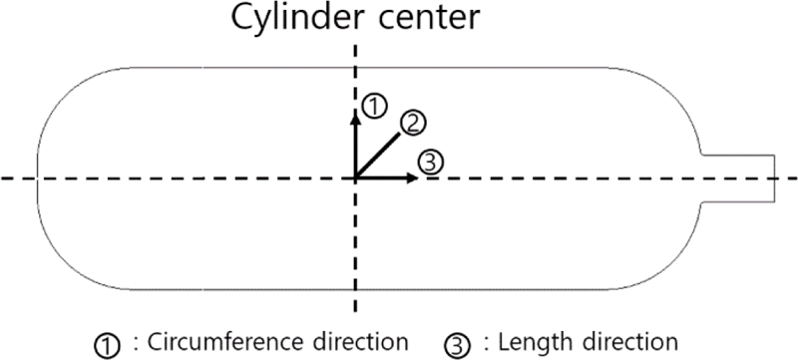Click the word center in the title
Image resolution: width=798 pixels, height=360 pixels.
point(404,18)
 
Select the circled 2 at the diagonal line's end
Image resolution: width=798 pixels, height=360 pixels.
point(414,122)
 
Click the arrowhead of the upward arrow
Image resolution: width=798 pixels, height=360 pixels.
point(355,113)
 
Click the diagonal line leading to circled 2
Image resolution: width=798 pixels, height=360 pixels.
point(379,153)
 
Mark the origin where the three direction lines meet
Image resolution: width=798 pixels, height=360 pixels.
point(355,179)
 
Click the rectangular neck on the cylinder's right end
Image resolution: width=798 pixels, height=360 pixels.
point(738,179)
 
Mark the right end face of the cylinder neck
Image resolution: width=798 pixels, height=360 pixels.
point(775,179)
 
